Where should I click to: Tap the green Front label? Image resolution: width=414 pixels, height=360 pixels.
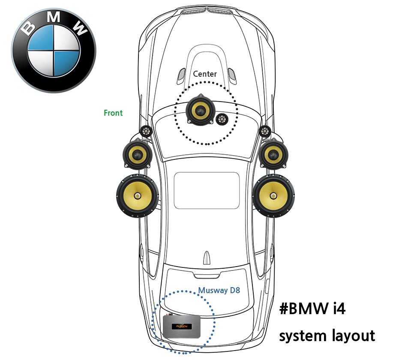pyautogui.click(x=113, y=113)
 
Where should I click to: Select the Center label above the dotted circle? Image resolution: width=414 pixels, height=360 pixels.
pyautogui.click(x=205, y=74)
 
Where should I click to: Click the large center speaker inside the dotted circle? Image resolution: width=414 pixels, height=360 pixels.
pyautogui.click(x=200, y=109)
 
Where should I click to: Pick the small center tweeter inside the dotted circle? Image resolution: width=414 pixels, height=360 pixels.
pyautogui.click(x=222, y=120)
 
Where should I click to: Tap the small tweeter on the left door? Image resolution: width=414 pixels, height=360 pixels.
pyautogui.click(x=146, y=131)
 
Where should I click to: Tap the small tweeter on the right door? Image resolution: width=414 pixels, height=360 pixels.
pyautogui.click(x=265, y=131)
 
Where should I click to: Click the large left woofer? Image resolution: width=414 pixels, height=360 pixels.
pyautogui.click(x=137, y=195)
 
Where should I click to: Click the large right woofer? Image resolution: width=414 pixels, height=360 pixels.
pyautogui.click(x=273, y=196)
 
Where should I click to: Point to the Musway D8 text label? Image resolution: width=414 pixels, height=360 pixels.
pyautogui.click(x=219, y=291)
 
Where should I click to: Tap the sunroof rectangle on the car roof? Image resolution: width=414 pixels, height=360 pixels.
pyautogui.click(x=207, y=190)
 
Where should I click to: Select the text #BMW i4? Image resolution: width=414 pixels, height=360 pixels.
pyautogui.click(x=312, y=309)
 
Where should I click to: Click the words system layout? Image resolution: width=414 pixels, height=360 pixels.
pyautogui.click(x=327, y=335)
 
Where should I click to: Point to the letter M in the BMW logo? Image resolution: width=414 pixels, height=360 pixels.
pyautogui.click(x=53, y=18)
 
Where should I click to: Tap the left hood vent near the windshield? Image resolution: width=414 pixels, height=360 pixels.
pyautogui.click(x=181, y=75)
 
